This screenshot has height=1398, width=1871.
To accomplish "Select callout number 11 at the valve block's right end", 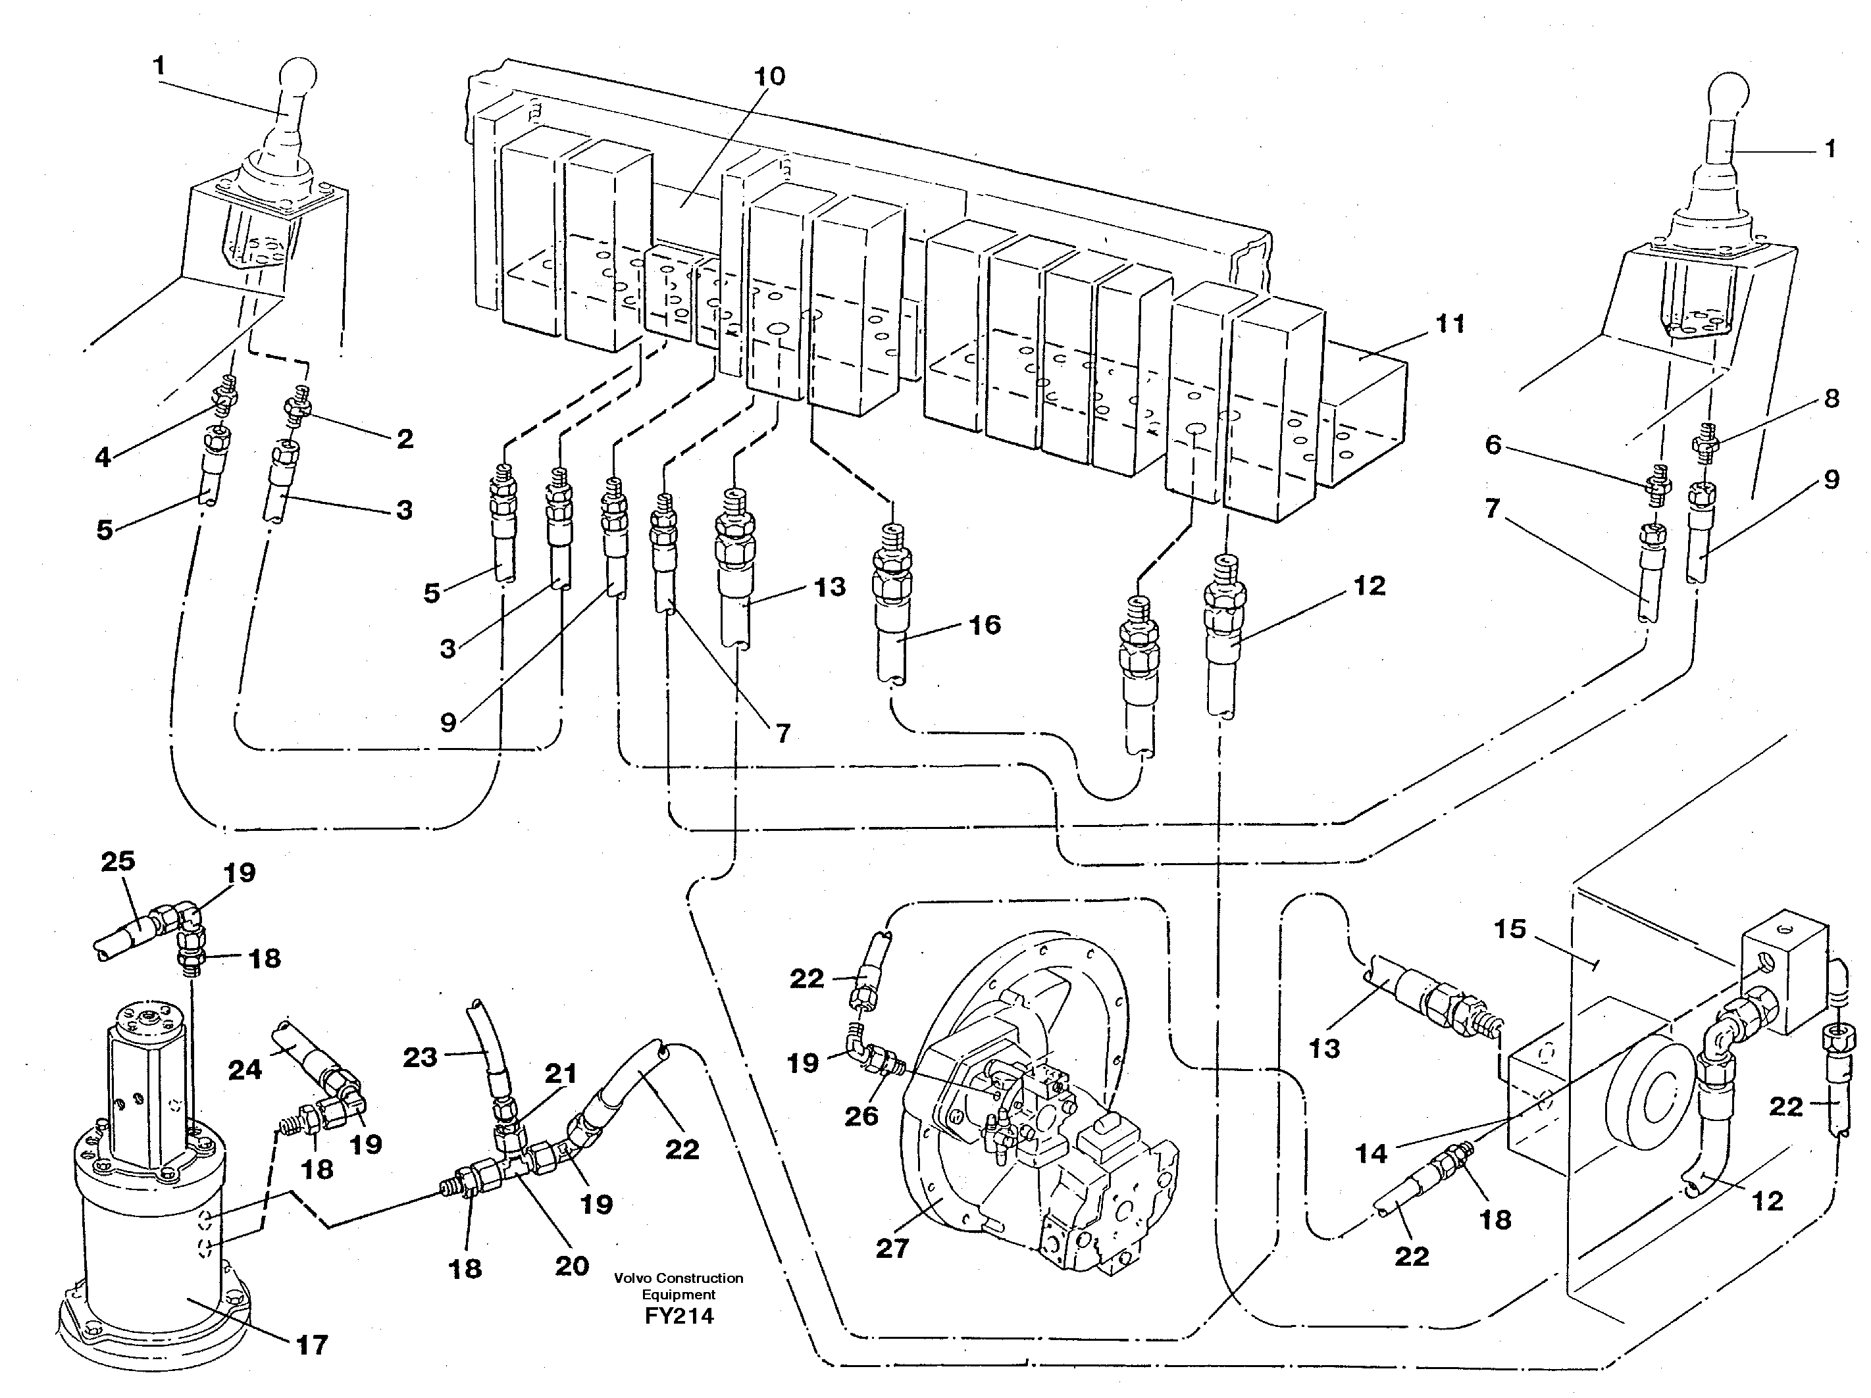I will click(1450, 323).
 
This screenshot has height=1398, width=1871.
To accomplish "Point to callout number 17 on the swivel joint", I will click(311, 1345).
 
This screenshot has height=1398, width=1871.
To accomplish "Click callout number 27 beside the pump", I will click(892, 1247).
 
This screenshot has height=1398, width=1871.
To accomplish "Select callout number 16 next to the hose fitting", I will click(985, 625).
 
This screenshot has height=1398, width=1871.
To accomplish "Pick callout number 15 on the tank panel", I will click(1510, 929).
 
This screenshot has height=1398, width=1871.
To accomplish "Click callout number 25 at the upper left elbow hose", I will click(118, 861).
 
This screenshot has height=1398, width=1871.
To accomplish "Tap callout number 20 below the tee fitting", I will click(572, 1266).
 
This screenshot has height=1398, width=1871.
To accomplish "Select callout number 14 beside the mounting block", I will click(1371, 1153).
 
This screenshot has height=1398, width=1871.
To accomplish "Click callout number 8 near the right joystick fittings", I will click(1832, 398).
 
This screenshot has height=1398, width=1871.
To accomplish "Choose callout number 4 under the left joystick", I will click(103, 457).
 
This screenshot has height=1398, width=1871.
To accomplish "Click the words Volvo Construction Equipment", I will click(679, 1286).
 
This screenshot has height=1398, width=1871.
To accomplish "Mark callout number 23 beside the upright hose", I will click(421, 1057).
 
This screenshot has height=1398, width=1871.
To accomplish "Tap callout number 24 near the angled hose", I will click(245, 1070).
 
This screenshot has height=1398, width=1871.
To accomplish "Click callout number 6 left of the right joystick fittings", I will click(1493, 444).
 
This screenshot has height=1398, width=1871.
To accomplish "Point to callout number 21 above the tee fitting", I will click(560, 1074).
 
